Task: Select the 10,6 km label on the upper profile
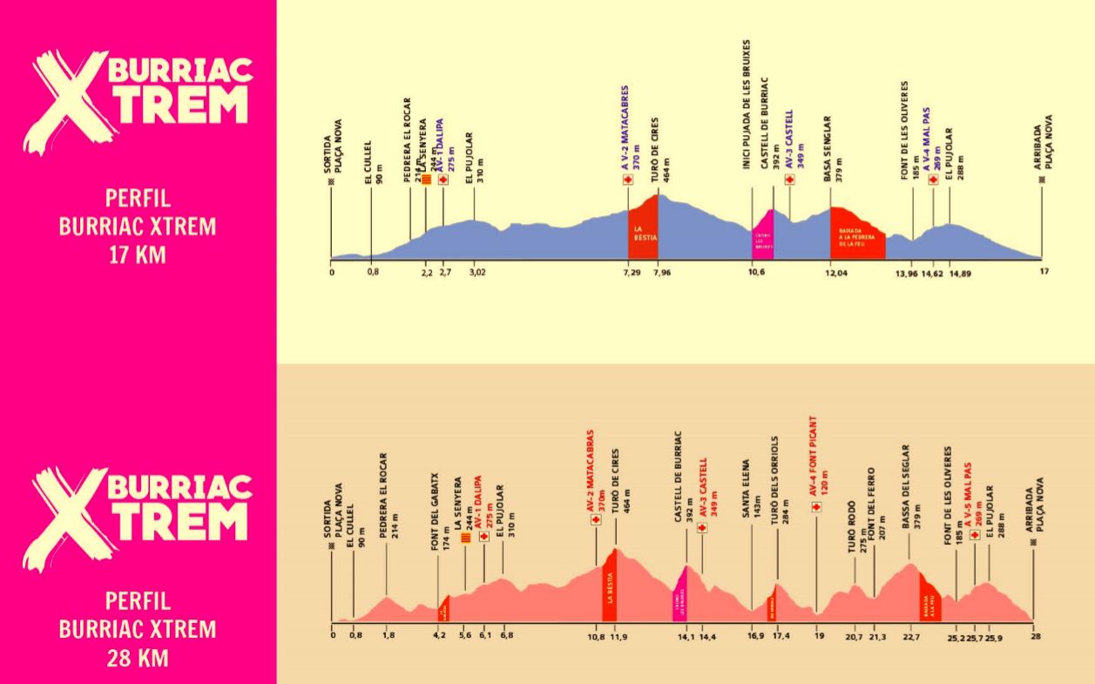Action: click(756, 272)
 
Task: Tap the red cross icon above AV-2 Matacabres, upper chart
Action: click(626, 179)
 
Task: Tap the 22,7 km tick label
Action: click(911, 636)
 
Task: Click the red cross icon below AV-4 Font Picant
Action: click(816, 505)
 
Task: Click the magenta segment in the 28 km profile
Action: click(679, 596)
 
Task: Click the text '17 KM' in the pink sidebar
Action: click(137, 255)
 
